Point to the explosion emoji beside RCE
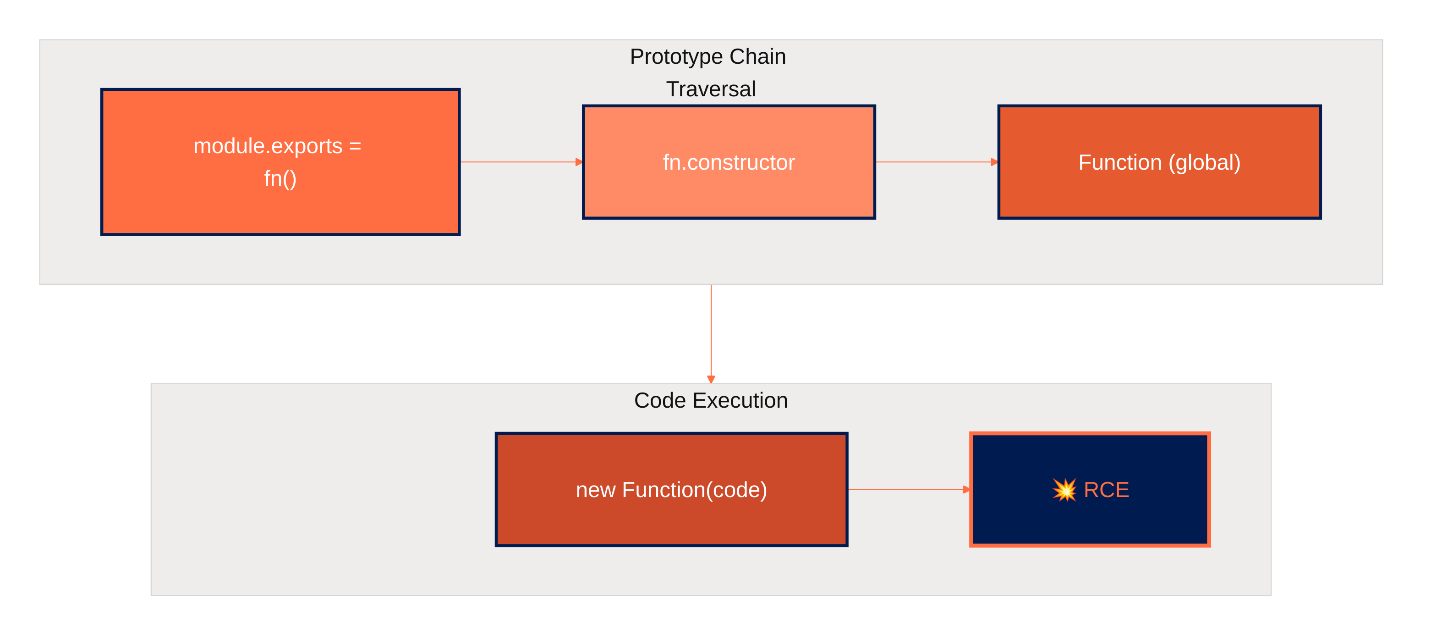point(1064,490)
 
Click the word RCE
point(1106,490)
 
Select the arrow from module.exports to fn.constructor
point(519,162)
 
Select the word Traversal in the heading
point(711,89)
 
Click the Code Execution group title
point(711,400)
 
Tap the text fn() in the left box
point(280,179)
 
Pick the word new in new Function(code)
point(595,490)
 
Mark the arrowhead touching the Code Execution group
point(711,379)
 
